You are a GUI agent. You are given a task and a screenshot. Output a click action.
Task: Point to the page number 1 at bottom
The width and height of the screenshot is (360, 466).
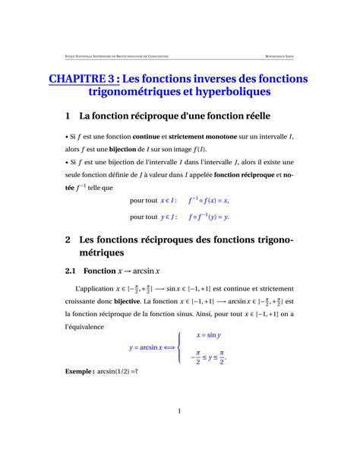click(x=179, y=411)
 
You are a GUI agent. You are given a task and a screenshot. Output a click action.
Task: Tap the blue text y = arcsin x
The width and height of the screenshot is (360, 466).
click(x=150, y=347)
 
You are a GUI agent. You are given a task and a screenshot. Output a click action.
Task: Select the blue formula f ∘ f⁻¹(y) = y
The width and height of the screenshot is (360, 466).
click(x=209, y=216)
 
